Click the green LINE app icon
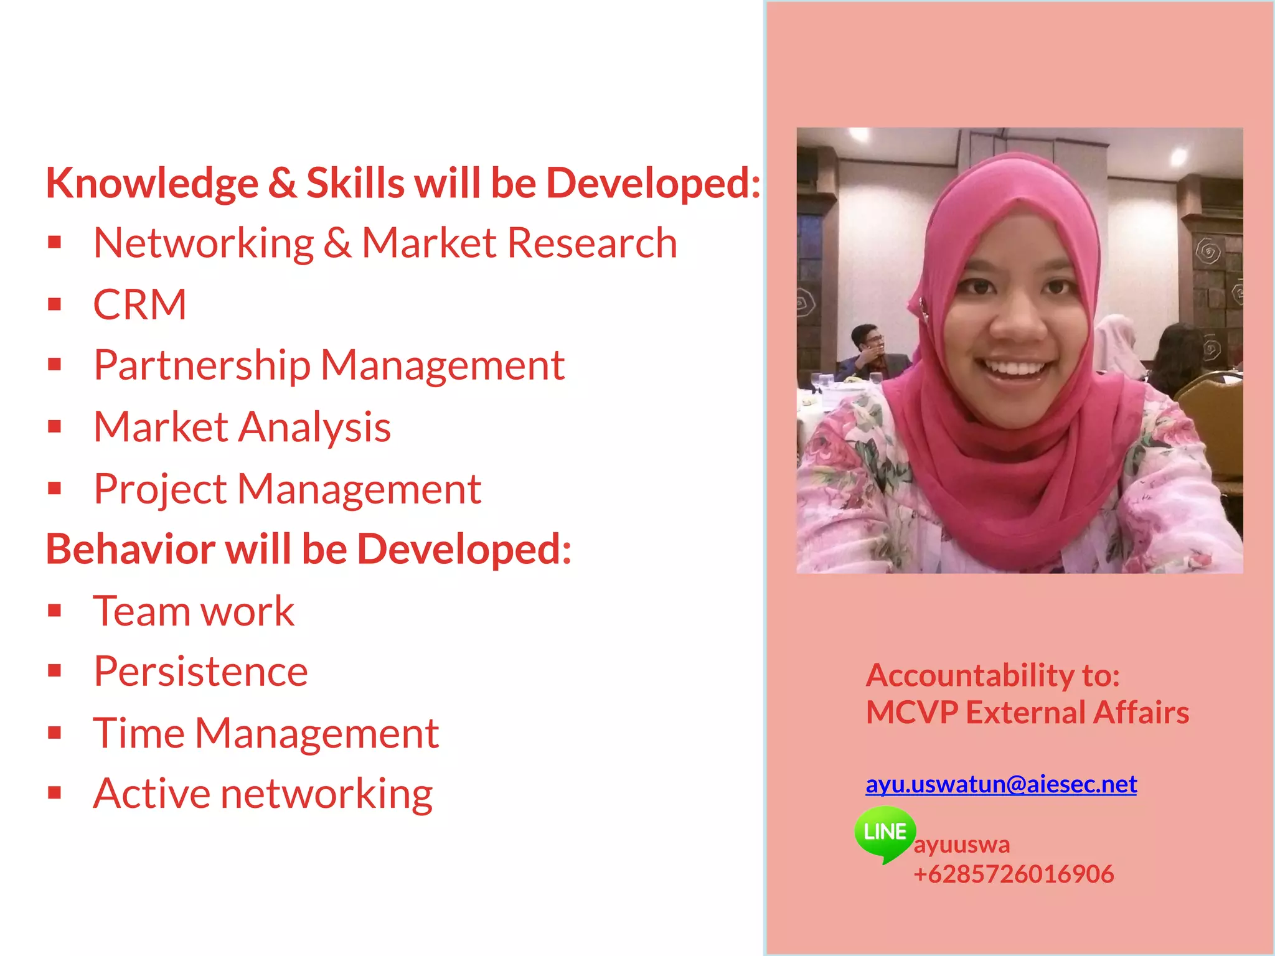pos(885,833)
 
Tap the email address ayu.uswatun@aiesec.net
pos(1001,784)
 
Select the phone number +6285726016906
pos(1014,874)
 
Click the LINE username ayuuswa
pos(962,845)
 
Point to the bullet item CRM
pos(139,305)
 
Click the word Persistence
pos(200,672)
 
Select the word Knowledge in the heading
pos(152,184)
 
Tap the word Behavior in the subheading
pos(131,550)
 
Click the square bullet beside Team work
pos(55,611)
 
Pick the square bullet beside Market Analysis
pos(55,427)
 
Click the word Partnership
pos(202,366)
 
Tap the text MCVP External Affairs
pos(1027,713)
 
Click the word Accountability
pos(969,675)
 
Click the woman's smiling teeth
pos(1016,369)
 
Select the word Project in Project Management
pos(160,490)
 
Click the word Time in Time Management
pos(139,733)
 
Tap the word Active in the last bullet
pos(151,794)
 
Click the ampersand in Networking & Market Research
pos(337,243)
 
